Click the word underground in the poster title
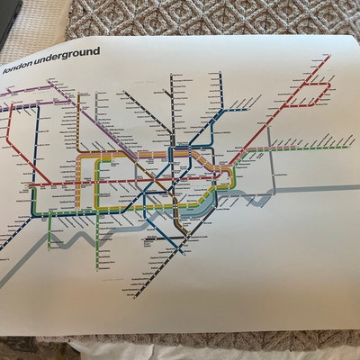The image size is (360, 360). [65, 65]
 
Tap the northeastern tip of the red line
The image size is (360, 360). [328, 56]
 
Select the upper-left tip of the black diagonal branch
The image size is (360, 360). [125, 92]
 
